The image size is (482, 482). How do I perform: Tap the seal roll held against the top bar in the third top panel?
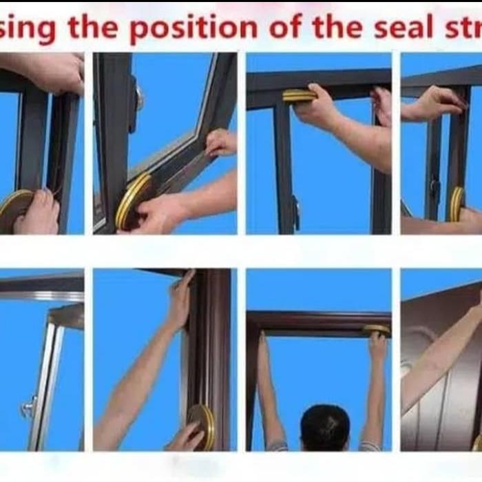tap(299, 96)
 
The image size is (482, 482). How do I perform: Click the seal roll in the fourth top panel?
tap(457, 204)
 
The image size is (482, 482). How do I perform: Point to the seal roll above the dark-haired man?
tap(377, 330)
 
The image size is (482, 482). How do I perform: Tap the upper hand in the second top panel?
tap(221, 143)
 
